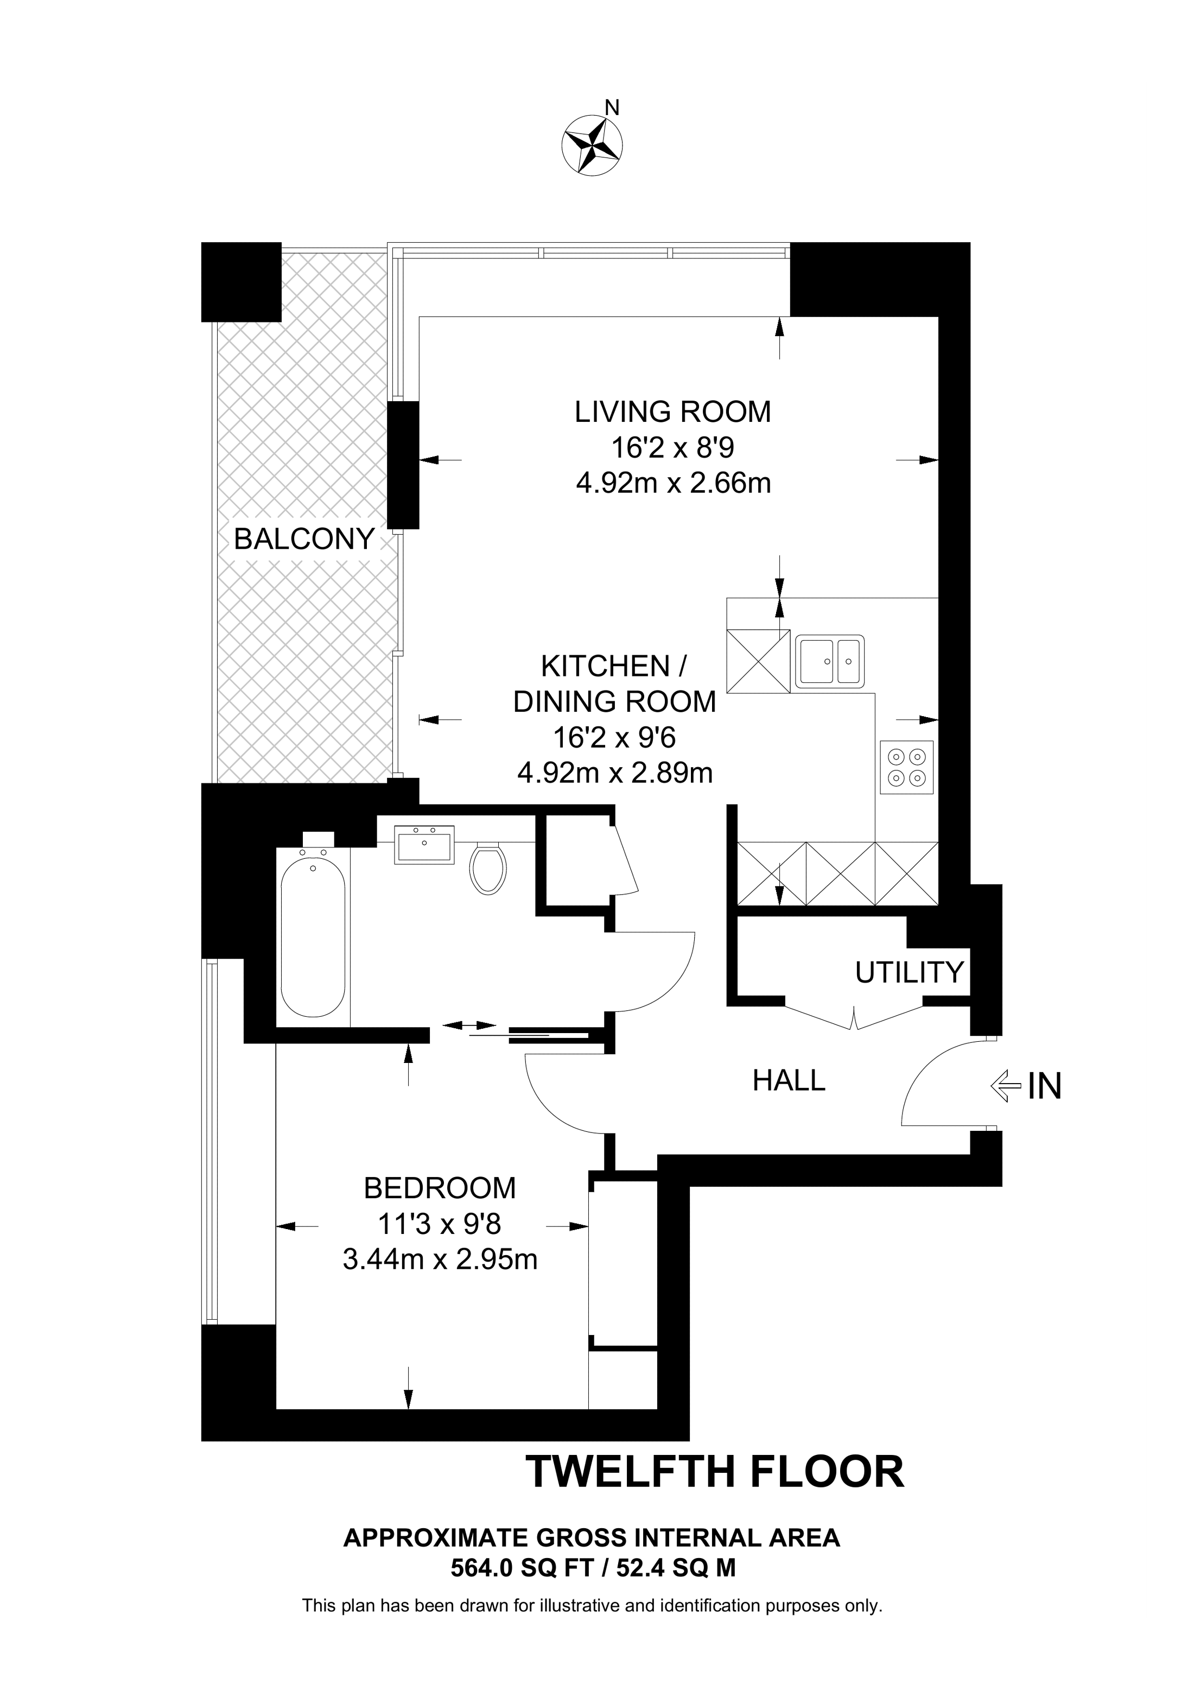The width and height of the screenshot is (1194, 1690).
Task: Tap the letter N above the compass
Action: coord(611,108)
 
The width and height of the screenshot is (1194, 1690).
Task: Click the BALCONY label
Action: coord(304,540)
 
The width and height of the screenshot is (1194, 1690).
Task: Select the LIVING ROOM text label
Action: coord(672,412)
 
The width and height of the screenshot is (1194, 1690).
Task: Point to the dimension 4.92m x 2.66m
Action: coord(672,484)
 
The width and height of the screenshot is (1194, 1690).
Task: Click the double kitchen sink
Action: coord(830,661)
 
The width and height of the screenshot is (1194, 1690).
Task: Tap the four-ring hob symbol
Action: coord(906,767)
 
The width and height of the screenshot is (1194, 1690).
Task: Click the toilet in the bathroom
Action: coord(488,868)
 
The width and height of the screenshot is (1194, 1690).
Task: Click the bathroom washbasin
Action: coord(424,845)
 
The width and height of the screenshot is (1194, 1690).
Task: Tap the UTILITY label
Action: coord(909,972)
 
